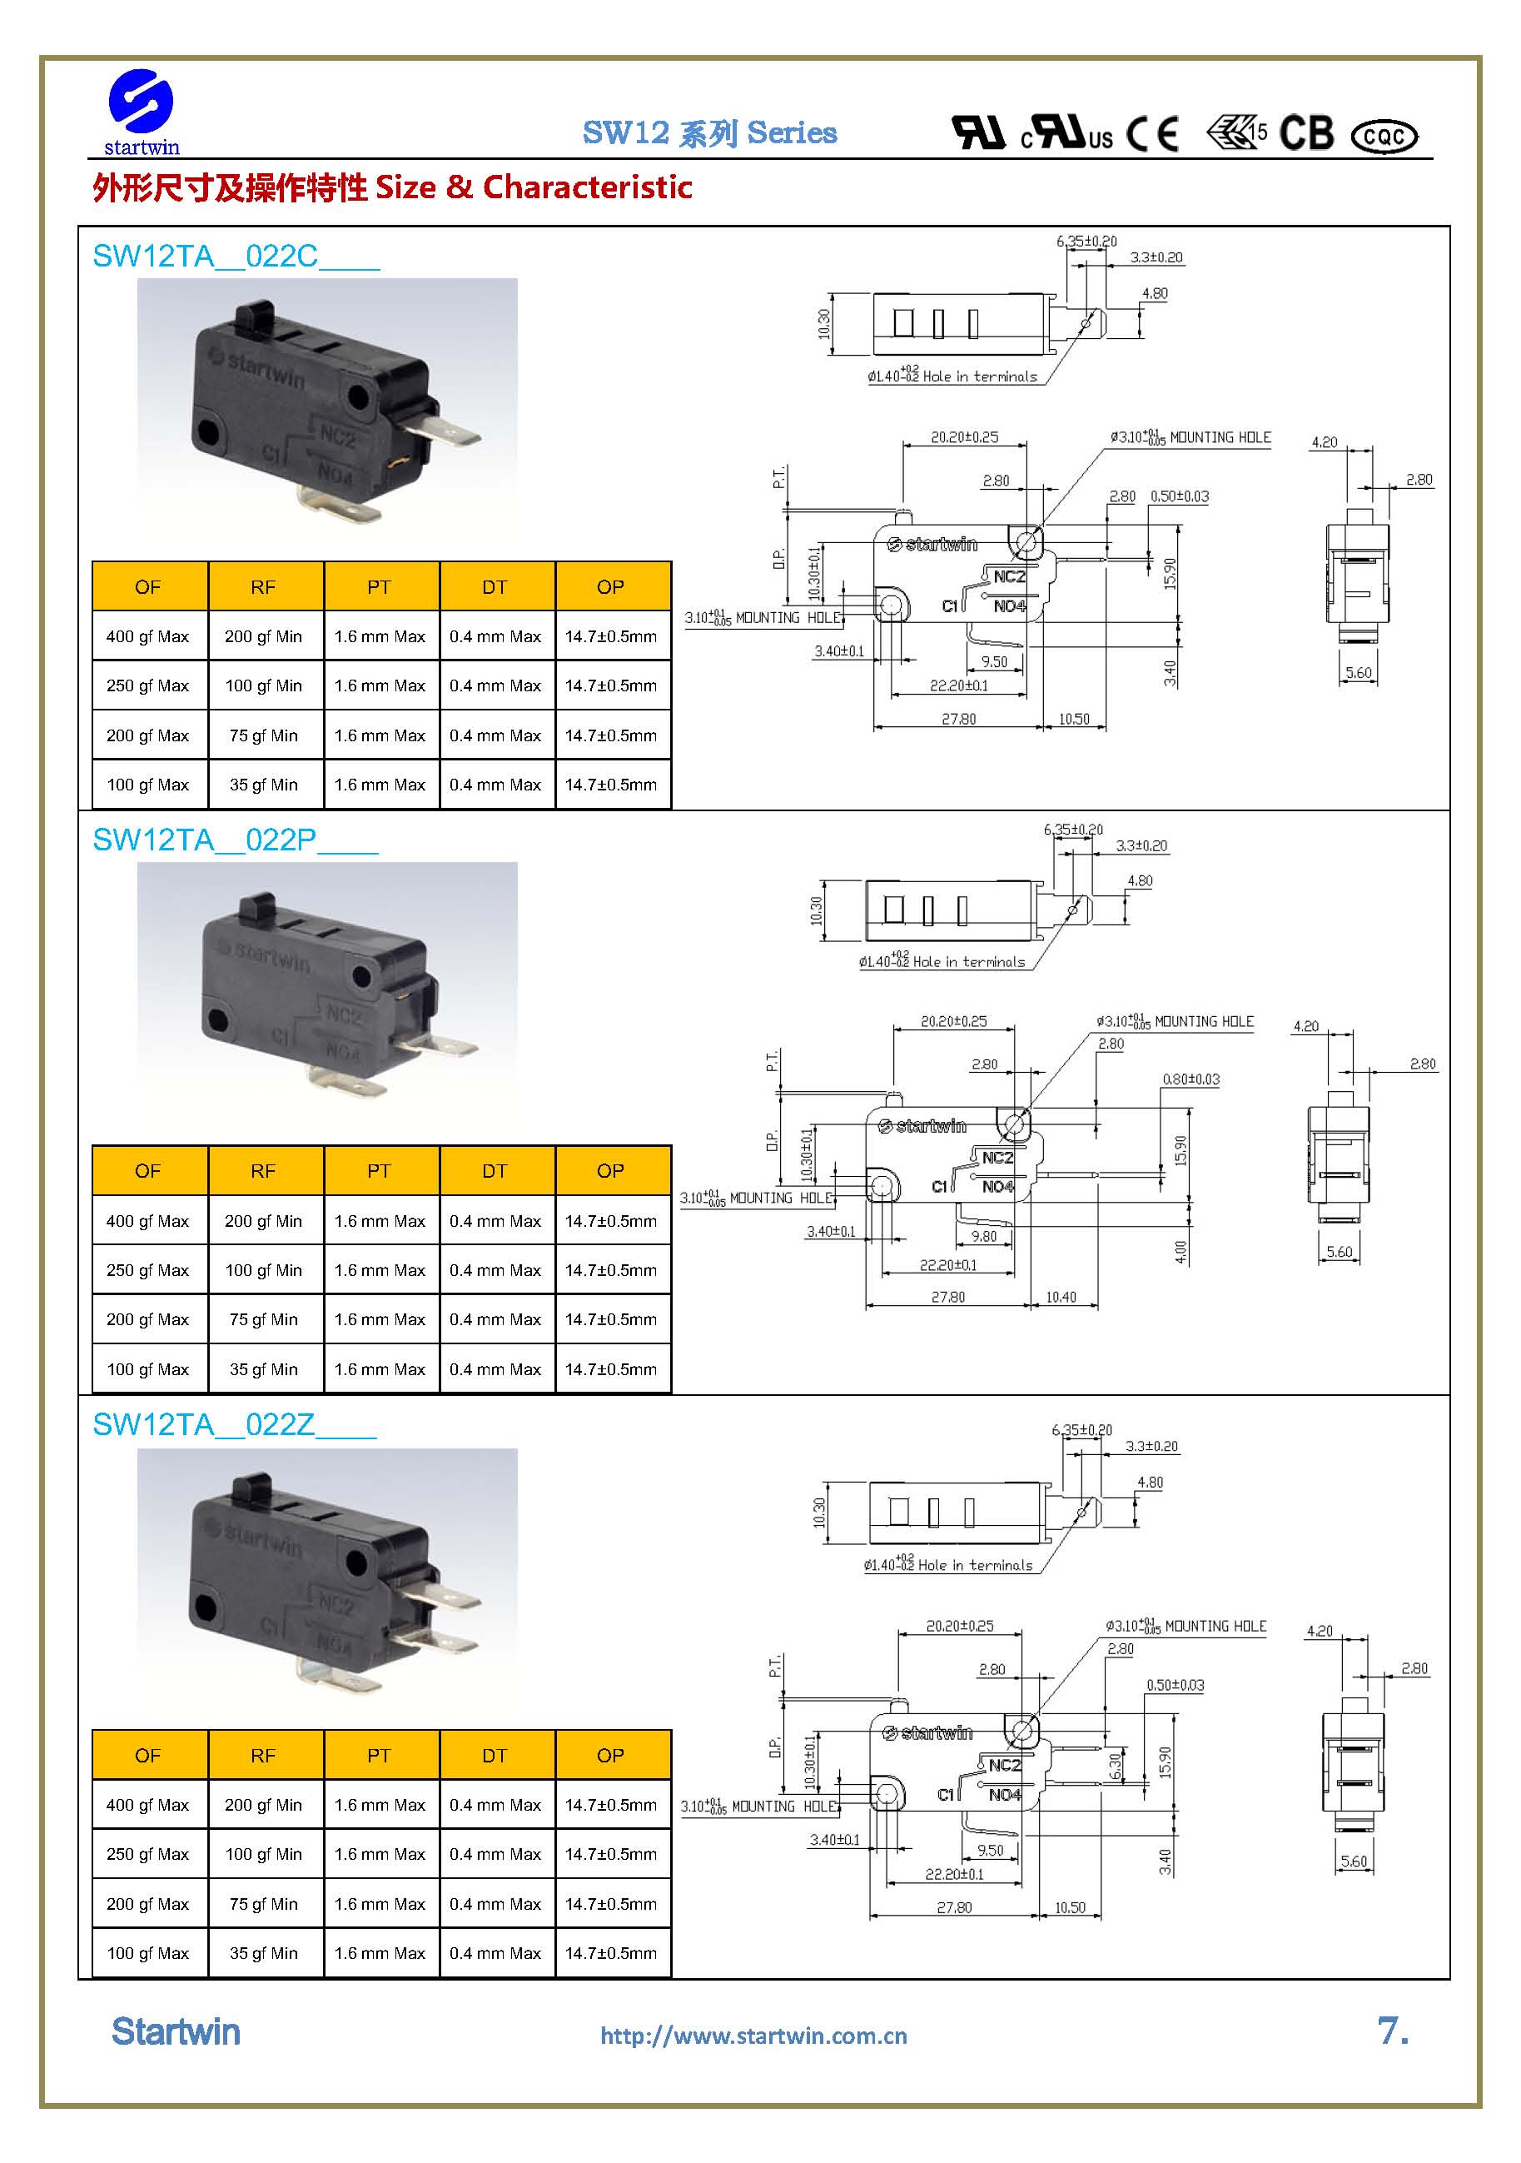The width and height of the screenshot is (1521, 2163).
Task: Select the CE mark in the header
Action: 1152,134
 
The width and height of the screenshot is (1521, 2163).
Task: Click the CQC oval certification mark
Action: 1384,137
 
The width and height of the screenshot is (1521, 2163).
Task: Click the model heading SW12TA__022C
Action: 236,257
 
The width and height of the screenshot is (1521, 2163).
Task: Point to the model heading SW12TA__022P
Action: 235,840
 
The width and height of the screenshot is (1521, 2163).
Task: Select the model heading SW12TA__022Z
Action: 234,1424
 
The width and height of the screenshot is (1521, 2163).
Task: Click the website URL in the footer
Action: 753,2036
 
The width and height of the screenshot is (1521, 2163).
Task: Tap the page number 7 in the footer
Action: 1392,2031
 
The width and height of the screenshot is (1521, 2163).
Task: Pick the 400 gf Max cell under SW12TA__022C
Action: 148,637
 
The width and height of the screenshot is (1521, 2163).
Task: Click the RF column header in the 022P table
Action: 263,1171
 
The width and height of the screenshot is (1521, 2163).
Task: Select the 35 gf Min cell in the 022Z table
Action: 263,1953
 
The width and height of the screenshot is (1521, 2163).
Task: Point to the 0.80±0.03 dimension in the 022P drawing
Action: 1190,1079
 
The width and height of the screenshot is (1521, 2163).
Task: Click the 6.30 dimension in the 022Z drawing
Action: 1115,1767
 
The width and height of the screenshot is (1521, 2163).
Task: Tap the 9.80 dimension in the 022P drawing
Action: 983,1236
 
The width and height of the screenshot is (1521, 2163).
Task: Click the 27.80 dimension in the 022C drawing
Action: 959,719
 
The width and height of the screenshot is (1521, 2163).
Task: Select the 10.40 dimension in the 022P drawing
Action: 1061,1298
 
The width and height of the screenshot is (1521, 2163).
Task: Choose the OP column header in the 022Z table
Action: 610,1755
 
